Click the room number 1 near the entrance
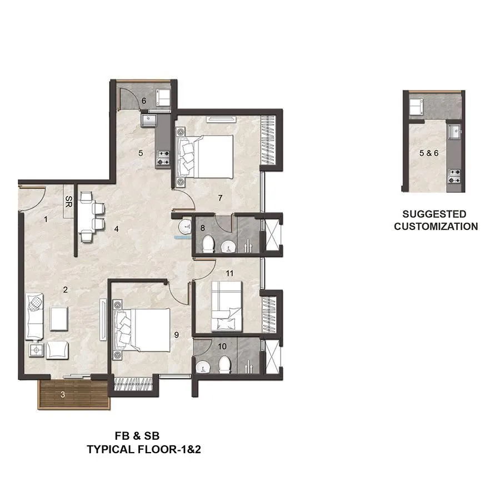pos(46,219)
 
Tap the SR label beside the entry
pos(68,200)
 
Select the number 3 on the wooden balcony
pos(63,395)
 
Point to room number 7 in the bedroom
pos(220,198)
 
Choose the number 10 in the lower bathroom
pos(222,346)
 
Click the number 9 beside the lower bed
pos(176,334)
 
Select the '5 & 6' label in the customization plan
pos(428,152)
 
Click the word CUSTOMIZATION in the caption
pos(436,227)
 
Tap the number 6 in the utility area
pos(143,101)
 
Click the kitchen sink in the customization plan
pos(454,132)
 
